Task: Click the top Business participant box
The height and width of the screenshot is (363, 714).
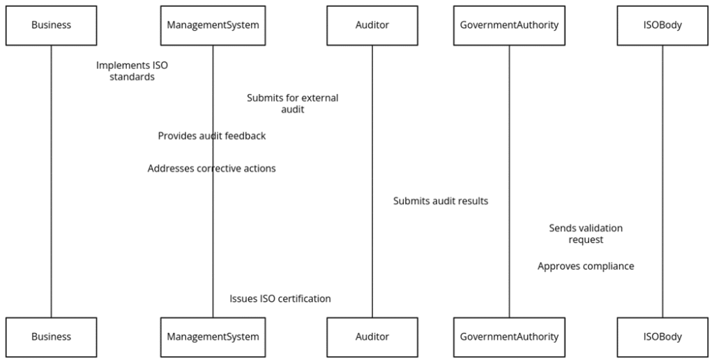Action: (51, 25)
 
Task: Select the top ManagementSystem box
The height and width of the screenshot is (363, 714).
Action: (213, 25)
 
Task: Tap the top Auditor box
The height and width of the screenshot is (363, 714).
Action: (372, 25)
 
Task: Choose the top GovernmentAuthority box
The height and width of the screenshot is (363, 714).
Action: (509, 25)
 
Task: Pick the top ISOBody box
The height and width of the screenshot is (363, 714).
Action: (662, 25)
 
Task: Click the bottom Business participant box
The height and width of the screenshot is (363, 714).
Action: (51, 337)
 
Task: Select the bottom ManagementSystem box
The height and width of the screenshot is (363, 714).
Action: (213, 337)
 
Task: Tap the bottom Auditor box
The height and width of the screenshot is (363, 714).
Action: (372, 337)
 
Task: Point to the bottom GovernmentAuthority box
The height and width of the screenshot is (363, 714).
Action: (509, 337)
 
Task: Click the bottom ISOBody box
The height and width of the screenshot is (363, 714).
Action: (662, 337)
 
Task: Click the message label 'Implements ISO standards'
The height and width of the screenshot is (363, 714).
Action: (132, 71)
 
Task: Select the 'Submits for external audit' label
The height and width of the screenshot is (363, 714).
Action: (292, 103)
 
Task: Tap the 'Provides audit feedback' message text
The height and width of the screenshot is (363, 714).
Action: (211, 136)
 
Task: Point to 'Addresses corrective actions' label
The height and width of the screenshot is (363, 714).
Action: (211, 169)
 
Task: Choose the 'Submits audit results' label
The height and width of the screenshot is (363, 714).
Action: (440, 201)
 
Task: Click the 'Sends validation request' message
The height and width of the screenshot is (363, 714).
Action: (586, 233)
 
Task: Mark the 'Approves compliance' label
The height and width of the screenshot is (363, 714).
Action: (586, 266)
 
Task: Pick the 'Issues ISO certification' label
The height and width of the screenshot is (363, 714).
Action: (280, 298)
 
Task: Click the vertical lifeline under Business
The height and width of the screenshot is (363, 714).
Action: (51, 209)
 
